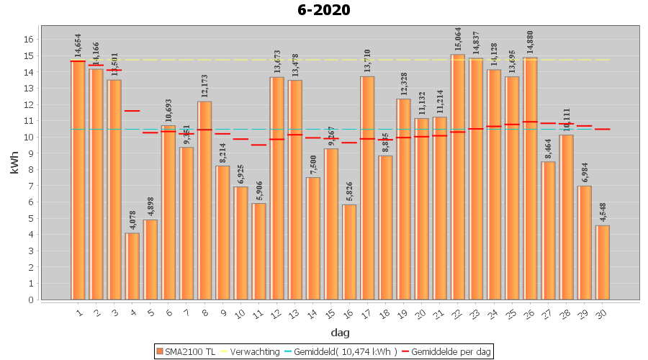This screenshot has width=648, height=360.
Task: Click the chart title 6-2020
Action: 323,10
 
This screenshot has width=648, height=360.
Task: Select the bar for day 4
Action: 132,266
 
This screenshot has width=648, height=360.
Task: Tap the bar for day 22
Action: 458,177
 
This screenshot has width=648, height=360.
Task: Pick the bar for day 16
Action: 349,252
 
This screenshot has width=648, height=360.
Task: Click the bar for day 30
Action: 603,263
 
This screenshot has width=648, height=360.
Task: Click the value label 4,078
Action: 132,219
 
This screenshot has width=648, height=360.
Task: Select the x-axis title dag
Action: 340,333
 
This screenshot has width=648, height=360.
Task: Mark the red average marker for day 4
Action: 132,111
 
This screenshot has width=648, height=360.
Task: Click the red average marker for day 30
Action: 603,129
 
